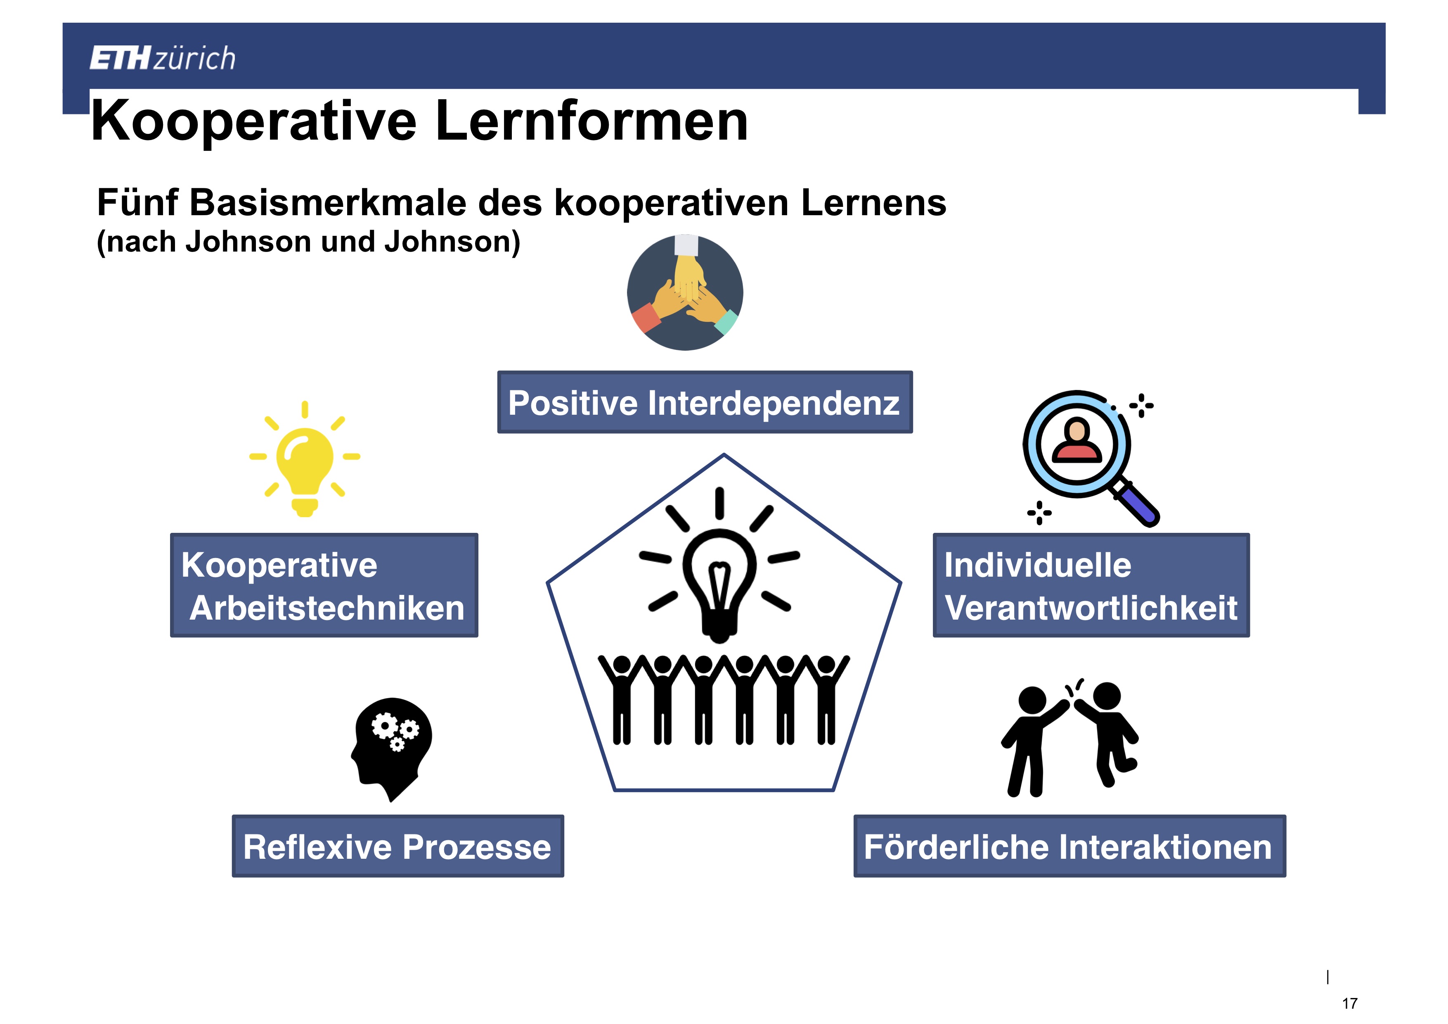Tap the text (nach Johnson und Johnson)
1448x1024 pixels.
point(308,242)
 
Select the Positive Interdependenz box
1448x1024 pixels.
point(705,402)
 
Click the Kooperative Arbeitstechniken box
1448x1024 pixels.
point(324,585)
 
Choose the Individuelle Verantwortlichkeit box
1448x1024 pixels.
point(1091,585)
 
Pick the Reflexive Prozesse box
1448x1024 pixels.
point(398,846)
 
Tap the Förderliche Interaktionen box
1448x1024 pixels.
point(1069,846)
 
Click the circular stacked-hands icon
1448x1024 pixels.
point(685,292)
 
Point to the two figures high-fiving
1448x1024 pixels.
point(1069,738)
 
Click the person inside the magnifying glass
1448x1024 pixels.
point(1077,440)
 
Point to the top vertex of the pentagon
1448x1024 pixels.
point(724,454)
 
